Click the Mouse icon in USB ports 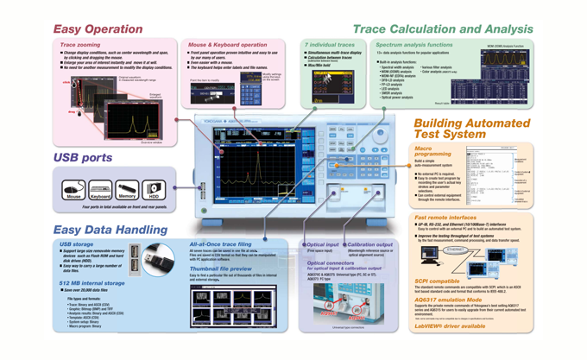pyautogui.click(x=74, y=189)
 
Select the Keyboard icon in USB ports pyautogui.click(x=100, y=189)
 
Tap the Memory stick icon pyautogui.click(x=128, y=189)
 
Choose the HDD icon pyautogui.click(x=153, y=189)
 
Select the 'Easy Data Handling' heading pyautogui.click(x=110, y=229)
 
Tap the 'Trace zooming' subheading pyautogui.click(x=79, y=44)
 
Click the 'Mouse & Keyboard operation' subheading pyautogui.click(x=228, y=44)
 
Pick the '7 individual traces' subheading pyautogui.click(x=330, y=44)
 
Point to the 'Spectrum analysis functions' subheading pyautogui.click(x=414, y=44)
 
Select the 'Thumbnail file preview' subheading pyautogui.click(x=221, y=268)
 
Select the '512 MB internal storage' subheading pyautogui.click(x=92, y=282)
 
